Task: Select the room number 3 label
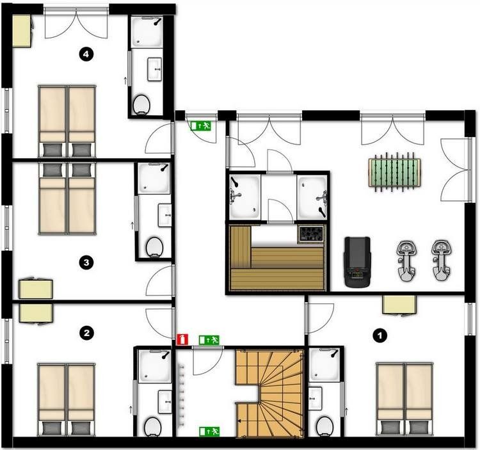coord(86,262)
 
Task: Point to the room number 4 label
coord(88,54)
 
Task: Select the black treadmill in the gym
coord(356,260)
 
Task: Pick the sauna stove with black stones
coord(312,234)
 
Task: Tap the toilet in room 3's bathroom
coord(154,246)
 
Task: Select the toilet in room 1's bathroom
coord(324,424)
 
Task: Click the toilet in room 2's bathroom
coord(152,426)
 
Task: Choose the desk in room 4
coord(21,31)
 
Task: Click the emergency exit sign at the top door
coord(201,125)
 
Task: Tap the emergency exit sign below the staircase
coord(209,431)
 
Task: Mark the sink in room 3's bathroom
coord(164,213)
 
